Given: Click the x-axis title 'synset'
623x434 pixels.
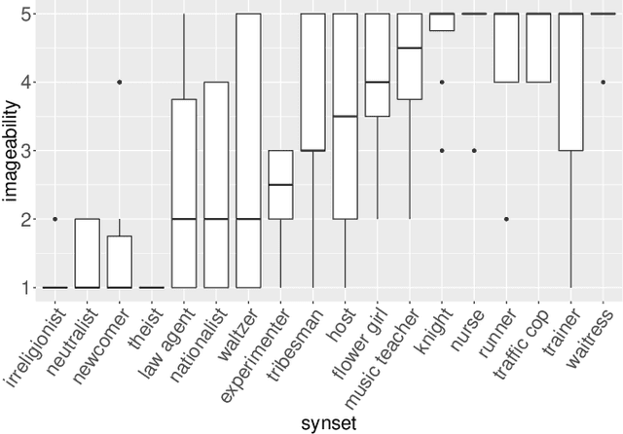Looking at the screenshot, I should (x=328, y=422).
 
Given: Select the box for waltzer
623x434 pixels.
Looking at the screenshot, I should (x=248, y=151).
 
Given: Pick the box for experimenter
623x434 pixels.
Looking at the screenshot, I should (x=280, y=185).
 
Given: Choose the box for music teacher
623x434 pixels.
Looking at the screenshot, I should (x=410, y=56).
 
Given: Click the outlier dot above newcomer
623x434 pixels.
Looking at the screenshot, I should (x=120, y=83).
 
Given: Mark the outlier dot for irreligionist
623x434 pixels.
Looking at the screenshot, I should (x=55, y=219).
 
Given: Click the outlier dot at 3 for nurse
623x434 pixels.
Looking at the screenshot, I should (x=474, y=151).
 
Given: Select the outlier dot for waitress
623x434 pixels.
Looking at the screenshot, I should (x=603, y=83).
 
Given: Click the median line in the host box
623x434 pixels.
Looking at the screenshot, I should (x=345, y=117).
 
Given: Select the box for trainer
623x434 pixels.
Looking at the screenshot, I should (x=570, y=83).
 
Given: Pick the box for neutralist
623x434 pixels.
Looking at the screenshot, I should (x=88, y=253).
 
